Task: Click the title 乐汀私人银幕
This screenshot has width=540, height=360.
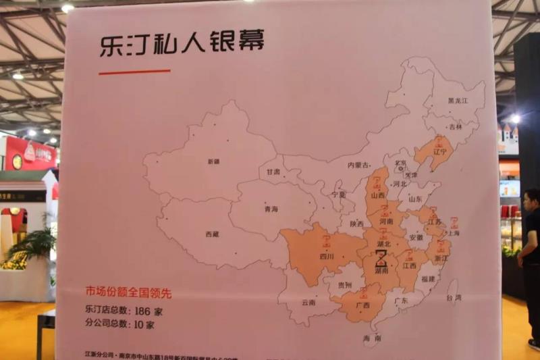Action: pos(181,43)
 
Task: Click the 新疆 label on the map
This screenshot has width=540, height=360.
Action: pos(214,161)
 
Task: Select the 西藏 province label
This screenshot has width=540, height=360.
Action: pos(211,234)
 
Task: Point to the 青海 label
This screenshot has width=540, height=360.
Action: pos(271,209)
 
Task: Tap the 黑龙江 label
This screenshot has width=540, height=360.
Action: pos(457,101)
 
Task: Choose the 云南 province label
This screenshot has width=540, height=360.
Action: pos(308,303)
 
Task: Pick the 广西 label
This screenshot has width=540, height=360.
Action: pos(362,305)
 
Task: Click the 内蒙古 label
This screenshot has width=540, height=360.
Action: pos(358,165)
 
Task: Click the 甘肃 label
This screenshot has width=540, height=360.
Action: pos(273,172)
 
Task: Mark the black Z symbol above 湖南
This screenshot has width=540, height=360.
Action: pos(381,258)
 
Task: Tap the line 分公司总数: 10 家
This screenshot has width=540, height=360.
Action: pos(119,325)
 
